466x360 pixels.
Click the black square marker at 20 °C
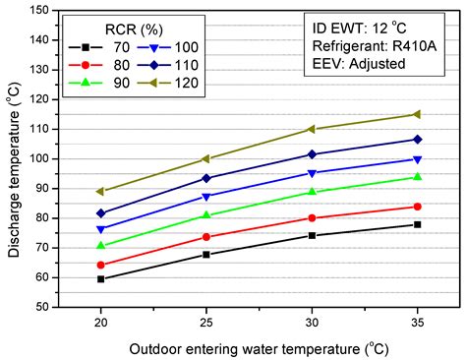(x=100, y=279)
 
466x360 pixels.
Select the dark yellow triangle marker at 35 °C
(x=417, y=114)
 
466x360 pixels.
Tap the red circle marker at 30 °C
(x=312, y=218)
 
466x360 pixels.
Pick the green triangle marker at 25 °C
(x=205, y=214)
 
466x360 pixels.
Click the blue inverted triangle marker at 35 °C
(x=417, y=159)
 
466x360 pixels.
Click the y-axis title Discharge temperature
(x=13, y=157)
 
